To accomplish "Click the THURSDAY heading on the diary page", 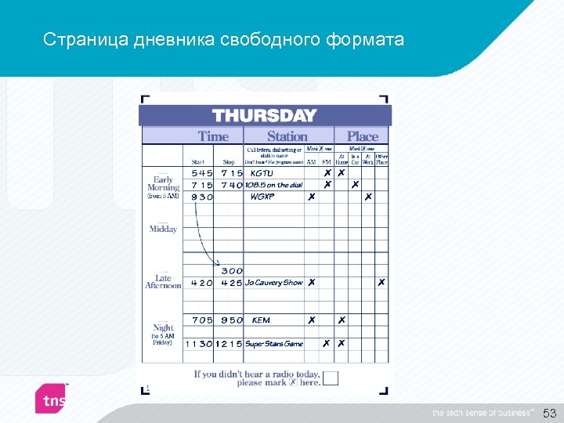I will (x=264, y=115).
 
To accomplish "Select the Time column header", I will (x=213, y=136).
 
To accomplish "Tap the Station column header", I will (x=287, y=136).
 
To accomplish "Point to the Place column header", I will (x=362, y=136).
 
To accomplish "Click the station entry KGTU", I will (x=262, y=173).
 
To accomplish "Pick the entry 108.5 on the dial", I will (x=273, y=185).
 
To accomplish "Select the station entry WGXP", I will (x=262, y=197).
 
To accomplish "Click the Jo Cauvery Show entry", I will (x=273, y=283).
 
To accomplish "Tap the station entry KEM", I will (x=261, y=320).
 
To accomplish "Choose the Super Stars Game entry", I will (x=273, y=344).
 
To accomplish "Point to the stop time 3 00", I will (x=232, y=271).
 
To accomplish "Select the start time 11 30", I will (x=198, y=344).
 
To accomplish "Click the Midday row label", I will (x=163, y=230).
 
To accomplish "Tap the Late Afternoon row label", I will (x=163, y=282).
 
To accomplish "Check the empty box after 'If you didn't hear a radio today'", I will (x=331, y=378).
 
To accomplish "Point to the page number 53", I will (x=549, y=412).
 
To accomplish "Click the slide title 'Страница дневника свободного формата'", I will (x=224, y=39).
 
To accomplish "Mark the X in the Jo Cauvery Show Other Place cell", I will (x=381, y=283).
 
